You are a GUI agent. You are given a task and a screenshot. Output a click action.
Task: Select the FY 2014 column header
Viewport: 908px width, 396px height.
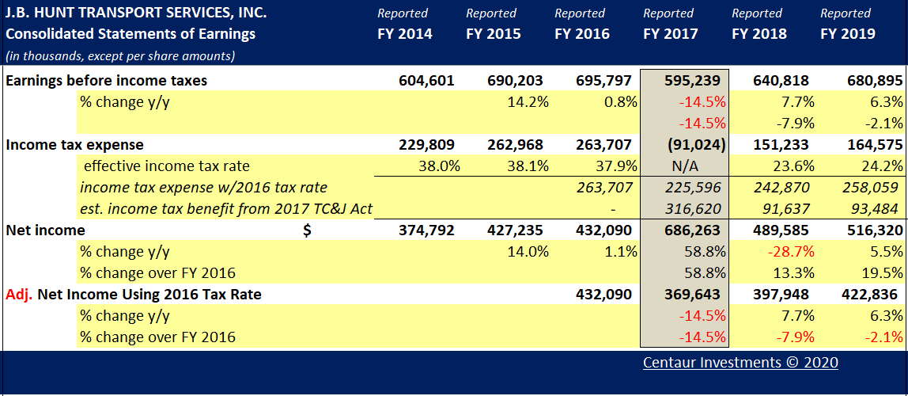click(x=404, y=33)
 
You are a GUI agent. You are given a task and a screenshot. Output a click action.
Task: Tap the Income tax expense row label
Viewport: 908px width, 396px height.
click(x=74, y=145)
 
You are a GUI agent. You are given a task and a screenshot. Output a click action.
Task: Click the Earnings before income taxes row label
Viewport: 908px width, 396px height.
click(x=106, y=81)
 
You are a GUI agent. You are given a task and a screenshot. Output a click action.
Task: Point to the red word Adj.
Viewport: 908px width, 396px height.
click(x=19, y=295)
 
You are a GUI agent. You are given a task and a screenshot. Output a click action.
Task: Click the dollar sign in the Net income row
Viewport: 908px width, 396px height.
click(x=308, y=230)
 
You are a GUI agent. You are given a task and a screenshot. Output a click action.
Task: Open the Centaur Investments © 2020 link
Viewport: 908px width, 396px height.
click(x=740, y=363)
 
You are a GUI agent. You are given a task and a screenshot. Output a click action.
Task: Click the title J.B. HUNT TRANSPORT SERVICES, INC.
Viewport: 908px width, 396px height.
click(x=135, y=13)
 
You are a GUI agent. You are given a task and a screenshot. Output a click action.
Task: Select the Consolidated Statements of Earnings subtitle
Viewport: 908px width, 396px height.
click(x=130, y=33)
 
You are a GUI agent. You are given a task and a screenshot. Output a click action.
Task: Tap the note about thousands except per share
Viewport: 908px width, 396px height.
click(x=119, y=55)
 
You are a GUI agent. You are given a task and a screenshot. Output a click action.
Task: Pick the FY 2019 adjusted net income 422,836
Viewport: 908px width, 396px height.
click(x=869, y=295)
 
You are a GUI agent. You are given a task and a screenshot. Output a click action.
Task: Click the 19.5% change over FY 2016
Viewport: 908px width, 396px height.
click(x=883, y=273)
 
